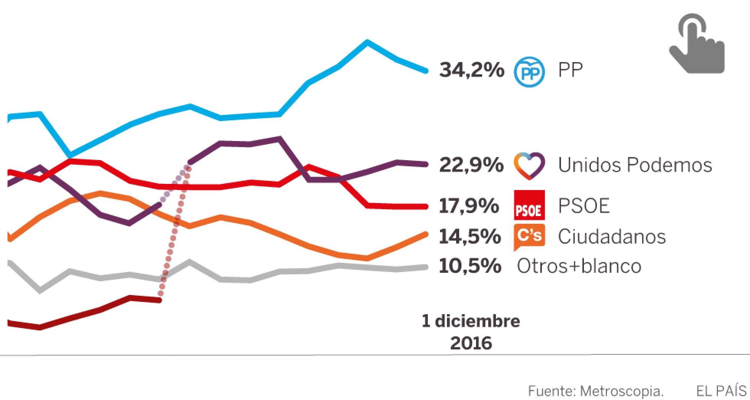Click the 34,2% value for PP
point(471,70)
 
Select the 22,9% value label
point(471,165)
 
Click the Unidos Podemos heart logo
point(529,166)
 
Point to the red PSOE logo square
point(529,205)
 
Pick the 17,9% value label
point(469,206)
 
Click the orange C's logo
point(529,236)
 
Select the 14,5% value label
point(470,236)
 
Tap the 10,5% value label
point(470,266)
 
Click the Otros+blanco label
point(579,266)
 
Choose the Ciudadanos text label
point(611,236)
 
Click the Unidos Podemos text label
point(635,165)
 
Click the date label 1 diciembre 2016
point(471,332)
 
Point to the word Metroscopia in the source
point(621,392)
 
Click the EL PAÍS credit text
point(721,392)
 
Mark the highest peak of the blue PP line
point(367,42)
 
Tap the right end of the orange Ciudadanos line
point(426,234)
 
